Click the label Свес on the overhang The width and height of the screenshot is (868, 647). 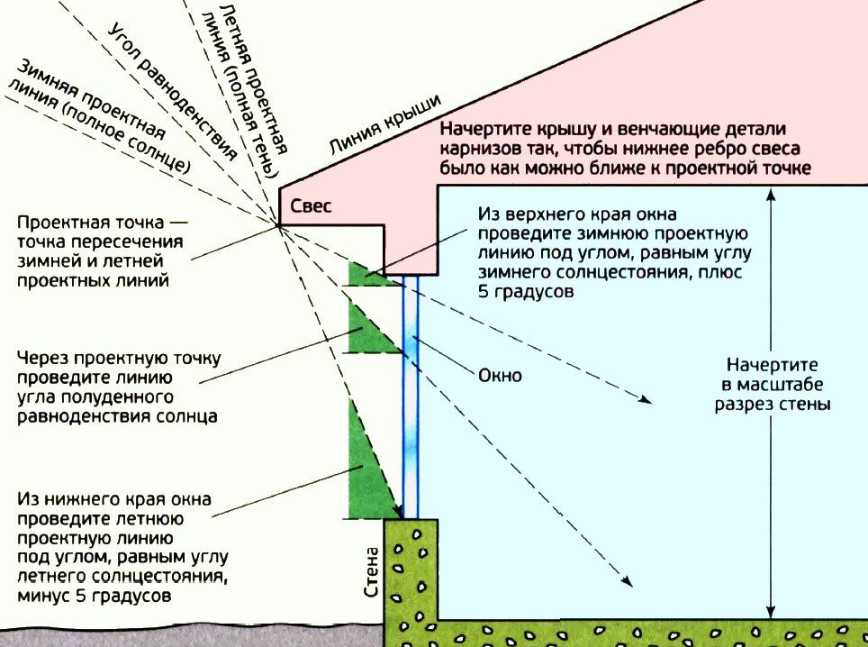(x=312, y=206)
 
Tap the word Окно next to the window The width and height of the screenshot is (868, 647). (x=500, y=376)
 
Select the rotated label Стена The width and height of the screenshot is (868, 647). (x=372, y=571)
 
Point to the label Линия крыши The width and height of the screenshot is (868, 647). (x=385, y=124)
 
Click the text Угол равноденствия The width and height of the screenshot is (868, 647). (x=172, y=91)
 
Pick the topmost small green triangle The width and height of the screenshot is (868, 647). (x=366, y=276)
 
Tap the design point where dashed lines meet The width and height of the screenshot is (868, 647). (x=278, y=225)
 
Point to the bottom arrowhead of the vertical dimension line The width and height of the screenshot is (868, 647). (x=771, y=613)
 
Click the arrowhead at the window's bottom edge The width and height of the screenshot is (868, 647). (x=397, y=511)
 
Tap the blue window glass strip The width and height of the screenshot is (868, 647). (x=411, y=396)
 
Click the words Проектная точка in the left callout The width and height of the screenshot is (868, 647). (x=90, y=223)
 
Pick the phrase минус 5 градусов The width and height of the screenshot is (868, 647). (x=95, y=596)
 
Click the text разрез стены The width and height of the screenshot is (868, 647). (x=772, y=404)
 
